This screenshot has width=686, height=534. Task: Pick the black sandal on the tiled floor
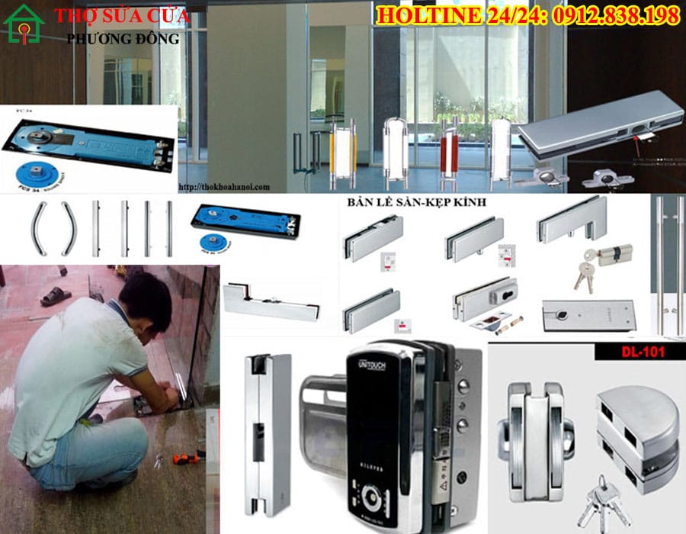(56, 297)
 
